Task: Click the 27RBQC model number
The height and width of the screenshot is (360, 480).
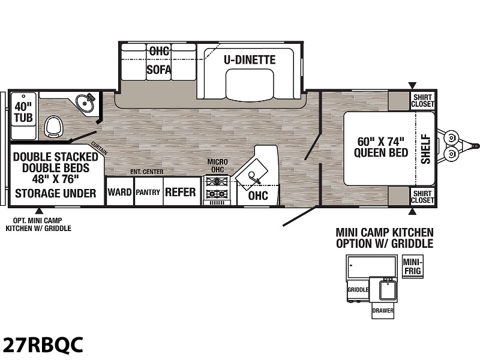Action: [x=42, y=344]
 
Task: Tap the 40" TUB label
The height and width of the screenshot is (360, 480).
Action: [x=23, y=112]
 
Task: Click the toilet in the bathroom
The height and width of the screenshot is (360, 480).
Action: [x=54, y=126]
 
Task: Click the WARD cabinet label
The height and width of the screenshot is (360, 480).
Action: [x=119, y=192]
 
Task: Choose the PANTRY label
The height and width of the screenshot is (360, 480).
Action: [x=148, y=192]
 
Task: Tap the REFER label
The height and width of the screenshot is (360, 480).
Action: [x=181, y=192]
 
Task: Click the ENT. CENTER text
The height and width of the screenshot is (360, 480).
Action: [x=147, y=172]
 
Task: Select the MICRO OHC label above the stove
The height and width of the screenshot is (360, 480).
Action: [x=218, y=166]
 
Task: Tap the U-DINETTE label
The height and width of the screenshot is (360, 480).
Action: [x=250, y=59]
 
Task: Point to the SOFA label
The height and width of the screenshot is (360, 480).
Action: [x=158, y=70]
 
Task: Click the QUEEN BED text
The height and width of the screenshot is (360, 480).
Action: [x=381, y=152]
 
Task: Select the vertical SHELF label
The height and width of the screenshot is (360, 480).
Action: [x=426, y=149]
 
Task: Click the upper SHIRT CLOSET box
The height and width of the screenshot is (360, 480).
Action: [x=423, y=101]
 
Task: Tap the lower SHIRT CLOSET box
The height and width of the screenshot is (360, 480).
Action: [x=423, y=197]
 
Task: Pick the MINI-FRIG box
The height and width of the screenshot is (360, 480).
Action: [x=413, y=266]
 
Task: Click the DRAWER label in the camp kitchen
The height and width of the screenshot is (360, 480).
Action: [x=383, y=310]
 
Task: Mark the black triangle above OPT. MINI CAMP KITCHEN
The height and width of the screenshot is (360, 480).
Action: [x=39, y=211]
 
